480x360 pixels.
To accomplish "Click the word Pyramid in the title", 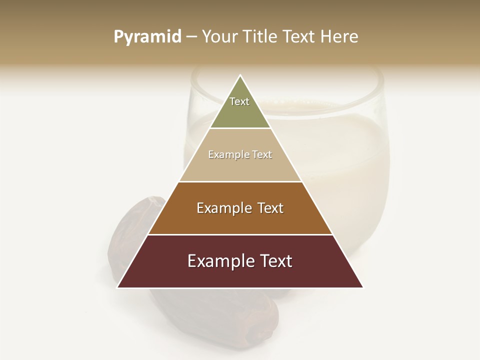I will click(x=147, y=37).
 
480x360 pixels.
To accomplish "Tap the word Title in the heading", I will click(x=261, y=37).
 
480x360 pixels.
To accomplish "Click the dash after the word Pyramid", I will click(x=191, y=37).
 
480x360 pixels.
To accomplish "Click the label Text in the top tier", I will click(x=239, y=101).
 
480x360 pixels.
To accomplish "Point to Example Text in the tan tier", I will click(x=240, y=154).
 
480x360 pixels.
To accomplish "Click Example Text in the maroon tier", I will click(x=240, y=261).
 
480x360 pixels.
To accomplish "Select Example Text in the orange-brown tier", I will click(x=240, y=208).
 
